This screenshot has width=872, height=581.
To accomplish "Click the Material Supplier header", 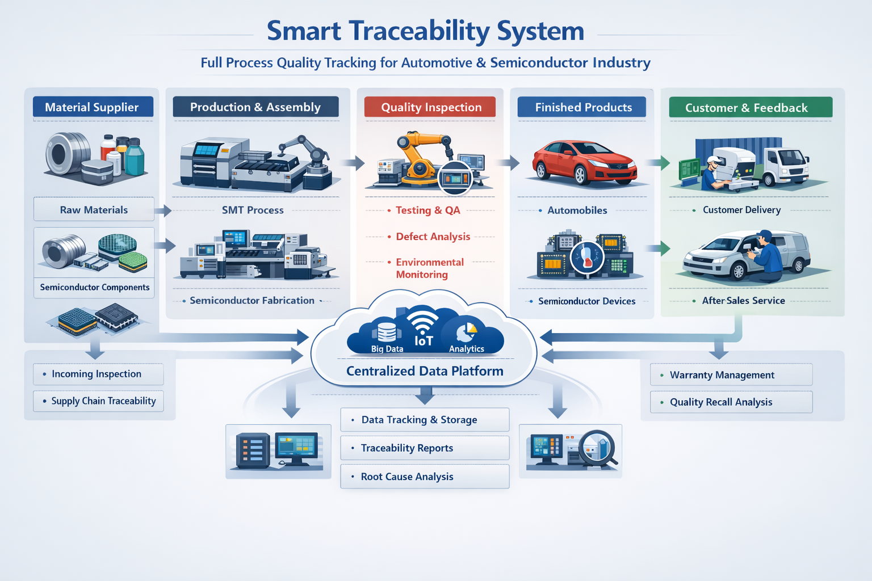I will [x=93, y=107].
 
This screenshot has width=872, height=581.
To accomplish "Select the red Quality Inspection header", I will [x=430, y=107].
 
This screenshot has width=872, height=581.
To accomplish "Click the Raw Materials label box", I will [x=94, y=209].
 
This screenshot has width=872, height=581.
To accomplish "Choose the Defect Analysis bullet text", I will [x=433, y=237].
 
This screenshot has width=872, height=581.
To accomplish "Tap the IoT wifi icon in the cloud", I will [x=423, y=326].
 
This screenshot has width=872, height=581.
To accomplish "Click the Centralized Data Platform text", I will [x=425, y=371].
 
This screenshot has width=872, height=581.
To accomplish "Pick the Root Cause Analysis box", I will [x=425, y=477].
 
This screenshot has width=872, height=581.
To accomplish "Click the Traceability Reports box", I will [x=425, y=448].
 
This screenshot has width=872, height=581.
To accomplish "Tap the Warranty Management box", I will [x=731, y=375].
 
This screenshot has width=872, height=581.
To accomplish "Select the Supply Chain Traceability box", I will [x=98, y=401].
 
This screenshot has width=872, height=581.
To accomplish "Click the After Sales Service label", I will [x=743, y=301].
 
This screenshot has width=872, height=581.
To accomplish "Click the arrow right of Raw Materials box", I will [x=163, y=211].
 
